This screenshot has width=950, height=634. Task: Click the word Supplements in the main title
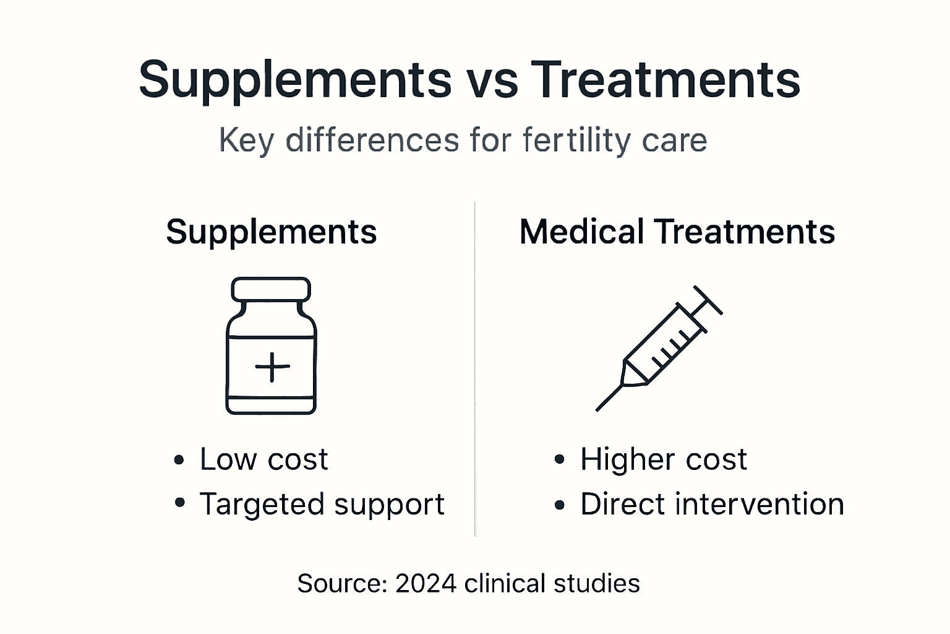click(x=295, y=80)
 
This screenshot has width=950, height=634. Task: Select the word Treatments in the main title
click(x=665, y=80)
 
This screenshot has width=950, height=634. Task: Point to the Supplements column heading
click(x=271, y=232)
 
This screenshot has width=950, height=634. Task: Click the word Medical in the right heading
click(x=581, y=232)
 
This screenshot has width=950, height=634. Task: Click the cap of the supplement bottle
click(x=271, y=289)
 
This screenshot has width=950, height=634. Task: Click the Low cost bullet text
click(x=263, y=459)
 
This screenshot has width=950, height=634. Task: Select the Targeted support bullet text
click(x=322, y=504)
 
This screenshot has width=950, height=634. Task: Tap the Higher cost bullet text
click(x=663, y=459)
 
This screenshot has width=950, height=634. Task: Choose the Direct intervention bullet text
click(x=712, y=504)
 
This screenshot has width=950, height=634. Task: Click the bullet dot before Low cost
click(x=179, y=460)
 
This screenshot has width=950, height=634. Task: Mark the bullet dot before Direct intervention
click(x=560, y=505)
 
